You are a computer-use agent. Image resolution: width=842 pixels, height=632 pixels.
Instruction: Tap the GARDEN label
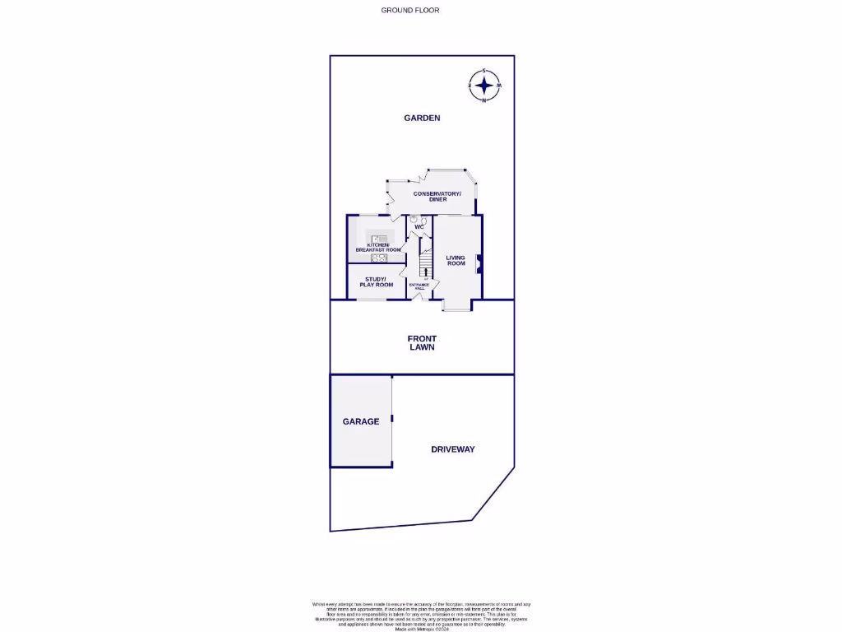click(x=422, y=118)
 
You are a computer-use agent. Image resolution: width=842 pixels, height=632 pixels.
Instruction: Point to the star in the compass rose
click(x=484, y=85)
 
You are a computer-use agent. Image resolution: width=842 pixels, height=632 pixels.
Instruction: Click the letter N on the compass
click(x=484, y=100)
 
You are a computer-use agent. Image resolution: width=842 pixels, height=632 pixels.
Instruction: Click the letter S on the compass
click(x=484, y=70)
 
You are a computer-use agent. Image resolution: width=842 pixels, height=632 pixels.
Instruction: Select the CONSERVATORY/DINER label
click(x=437, y=197)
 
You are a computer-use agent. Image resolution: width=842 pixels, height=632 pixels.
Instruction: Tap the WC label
click(x=419, y=227)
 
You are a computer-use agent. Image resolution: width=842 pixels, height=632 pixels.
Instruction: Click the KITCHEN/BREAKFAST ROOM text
click(x=378, y=247)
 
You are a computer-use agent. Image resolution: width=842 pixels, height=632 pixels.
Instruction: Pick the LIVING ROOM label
click(x=456, y=260)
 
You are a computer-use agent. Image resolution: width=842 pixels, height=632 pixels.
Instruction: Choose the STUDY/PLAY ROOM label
click(x=377, y=282)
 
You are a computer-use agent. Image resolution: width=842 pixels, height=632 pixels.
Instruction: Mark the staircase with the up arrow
click(x=426, y=265)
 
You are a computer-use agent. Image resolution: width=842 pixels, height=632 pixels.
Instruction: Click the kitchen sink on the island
click(x=374, y=239)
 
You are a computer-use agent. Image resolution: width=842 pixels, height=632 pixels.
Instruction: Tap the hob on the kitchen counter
click(x=379, y=258)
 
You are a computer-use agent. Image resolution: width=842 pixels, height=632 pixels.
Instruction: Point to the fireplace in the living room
click(x=479, y=263)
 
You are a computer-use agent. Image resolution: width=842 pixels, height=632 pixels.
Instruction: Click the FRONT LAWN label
click(x=422, y=343)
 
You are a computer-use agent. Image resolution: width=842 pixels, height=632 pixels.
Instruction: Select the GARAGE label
click(x=361, y=421)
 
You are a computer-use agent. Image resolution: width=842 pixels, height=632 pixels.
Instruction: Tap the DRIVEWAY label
click(x=453, y=449)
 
